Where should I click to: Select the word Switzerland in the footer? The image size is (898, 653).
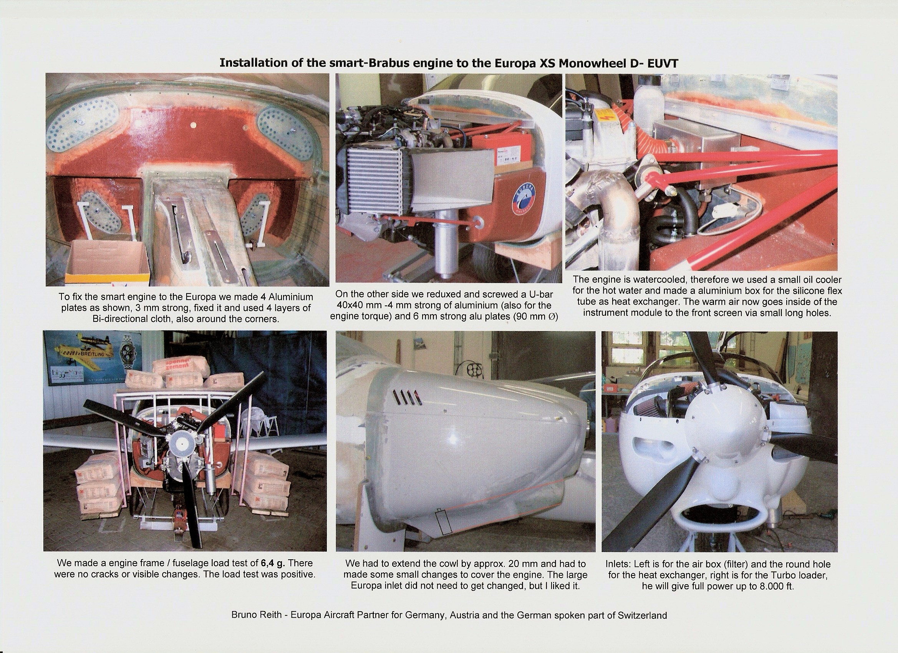point(642,615)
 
